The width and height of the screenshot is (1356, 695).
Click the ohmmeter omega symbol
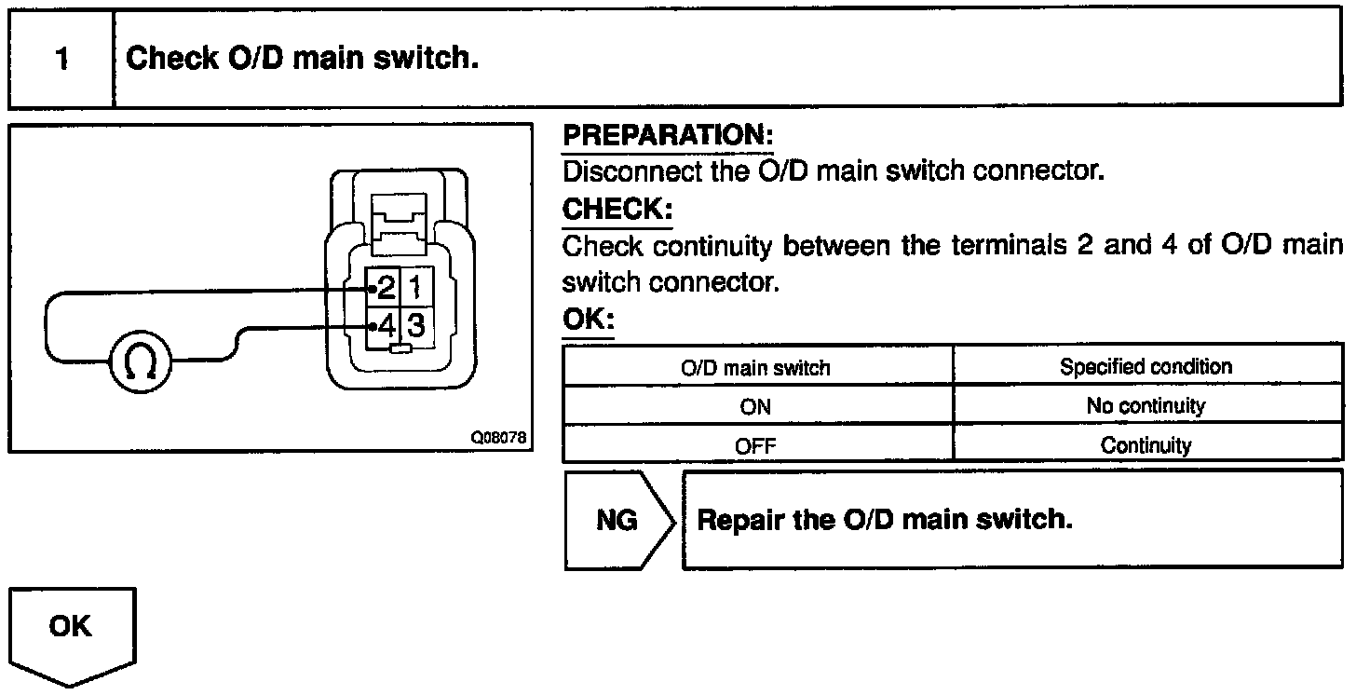pos(141,363)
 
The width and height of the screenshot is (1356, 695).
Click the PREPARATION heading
pos(668,136)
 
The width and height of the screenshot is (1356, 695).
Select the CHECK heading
pos(617,210)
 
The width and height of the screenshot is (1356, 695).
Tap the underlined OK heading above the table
pos(589,320)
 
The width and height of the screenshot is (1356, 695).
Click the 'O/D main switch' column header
pos(755,367)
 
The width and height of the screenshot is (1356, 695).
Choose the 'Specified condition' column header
pos(1146,366)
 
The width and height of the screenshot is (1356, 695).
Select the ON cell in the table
pos(755,406)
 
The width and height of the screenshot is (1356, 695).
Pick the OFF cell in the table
pos(755,445)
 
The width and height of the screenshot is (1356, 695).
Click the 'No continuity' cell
pos(1146,406)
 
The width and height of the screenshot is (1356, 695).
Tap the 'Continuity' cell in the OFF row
pos(1146,445)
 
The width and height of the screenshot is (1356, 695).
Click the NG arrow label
pos(617,520)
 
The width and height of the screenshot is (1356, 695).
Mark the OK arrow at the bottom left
pos(71,627)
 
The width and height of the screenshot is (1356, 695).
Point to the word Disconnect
pos(619,172)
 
